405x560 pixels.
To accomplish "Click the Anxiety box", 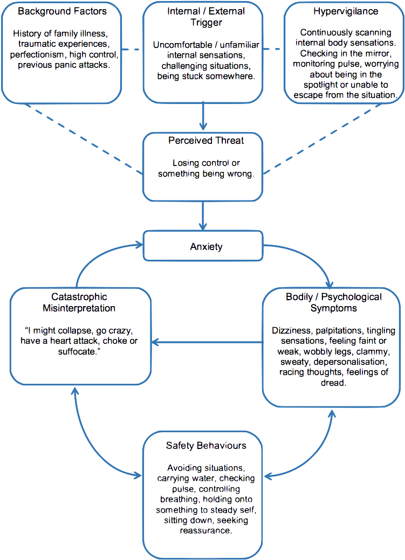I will point(203,247).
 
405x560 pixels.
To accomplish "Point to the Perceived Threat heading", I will point(203,140).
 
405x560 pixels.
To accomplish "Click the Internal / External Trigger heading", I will point(203,16).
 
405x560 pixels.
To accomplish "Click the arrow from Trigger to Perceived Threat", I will point(203,117).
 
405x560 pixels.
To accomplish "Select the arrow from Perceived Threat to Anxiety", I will point(203,216).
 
